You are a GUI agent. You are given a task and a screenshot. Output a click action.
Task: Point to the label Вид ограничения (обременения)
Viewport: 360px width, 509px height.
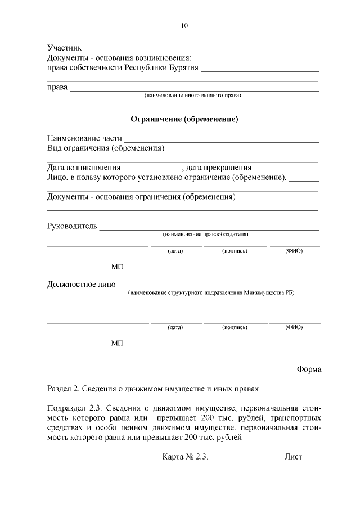105,148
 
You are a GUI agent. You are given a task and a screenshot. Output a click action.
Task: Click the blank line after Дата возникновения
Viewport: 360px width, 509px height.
152,168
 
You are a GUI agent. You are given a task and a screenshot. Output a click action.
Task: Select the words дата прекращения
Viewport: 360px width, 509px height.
218,168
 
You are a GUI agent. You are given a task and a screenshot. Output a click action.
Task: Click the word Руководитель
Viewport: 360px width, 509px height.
72,226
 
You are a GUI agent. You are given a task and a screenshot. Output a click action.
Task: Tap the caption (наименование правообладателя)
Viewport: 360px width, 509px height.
205,234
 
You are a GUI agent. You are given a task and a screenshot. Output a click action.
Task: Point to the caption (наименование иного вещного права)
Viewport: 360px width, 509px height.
193,96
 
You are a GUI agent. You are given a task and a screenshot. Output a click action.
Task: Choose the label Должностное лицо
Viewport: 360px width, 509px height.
81,285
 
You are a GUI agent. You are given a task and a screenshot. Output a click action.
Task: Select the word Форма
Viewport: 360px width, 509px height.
309,369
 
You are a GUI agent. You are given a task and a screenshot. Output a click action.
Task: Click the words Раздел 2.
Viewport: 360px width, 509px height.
62,389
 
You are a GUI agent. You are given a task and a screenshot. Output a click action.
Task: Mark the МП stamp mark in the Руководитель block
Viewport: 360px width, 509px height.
117,266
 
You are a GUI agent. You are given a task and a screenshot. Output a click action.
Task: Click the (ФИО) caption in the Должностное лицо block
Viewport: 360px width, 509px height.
294,327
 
